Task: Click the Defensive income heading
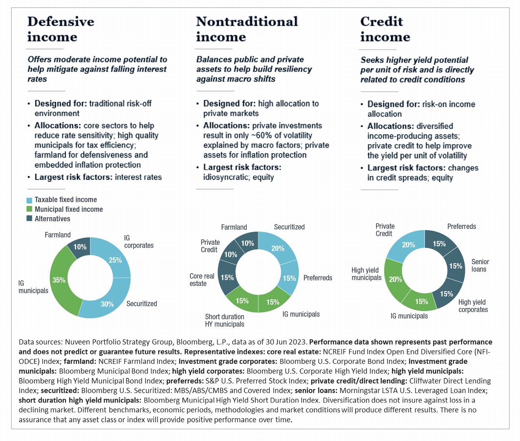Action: tap(61, 29)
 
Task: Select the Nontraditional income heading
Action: tap(247, 29)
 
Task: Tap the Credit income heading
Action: tap(385, 29)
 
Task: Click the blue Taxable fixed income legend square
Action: tap(29, 200)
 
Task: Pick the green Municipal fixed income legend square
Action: tap(29, 209)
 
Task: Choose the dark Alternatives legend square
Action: tap(29, 219)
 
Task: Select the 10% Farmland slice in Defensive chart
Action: tap(80, 247)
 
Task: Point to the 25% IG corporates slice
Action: tap(115, 260)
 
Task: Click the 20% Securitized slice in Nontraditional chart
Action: tap(278, 248)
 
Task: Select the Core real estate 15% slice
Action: tap(227, 277)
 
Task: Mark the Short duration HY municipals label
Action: tap(224, 320)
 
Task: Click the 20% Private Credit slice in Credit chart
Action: tap(408, 245)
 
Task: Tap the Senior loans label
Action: tap(480, 265)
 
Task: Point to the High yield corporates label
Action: tap(473, 306)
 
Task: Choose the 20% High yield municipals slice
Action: tap(395, 279)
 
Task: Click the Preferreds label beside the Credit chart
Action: tap(461, 226)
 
